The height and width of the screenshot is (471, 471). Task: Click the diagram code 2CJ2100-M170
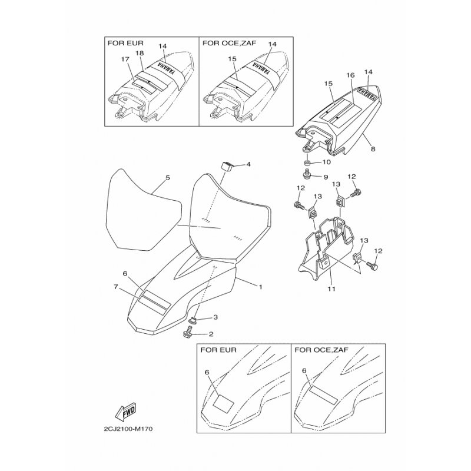pos(128,429)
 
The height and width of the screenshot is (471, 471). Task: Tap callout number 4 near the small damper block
pos(248,164)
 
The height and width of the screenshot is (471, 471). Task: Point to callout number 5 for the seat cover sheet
pos(168,178)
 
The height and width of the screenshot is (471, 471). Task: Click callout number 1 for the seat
pos(260,287)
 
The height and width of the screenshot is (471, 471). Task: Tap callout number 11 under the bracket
pos(331,288)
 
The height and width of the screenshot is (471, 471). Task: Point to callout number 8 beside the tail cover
pos(373,149)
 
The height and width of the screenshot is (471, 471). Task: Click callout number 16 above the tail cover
pos(350,75)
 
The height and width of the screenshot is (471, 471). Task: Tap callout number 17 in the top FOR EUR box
pos(125,59)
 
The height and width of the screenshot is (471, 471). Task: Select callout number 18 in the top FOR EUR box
pos(140,53)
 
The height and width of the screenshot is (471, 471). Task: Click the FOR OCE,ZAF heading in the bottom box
pos(321,350)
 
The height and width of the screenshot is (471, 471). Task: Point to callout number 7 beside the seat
pos(116,287)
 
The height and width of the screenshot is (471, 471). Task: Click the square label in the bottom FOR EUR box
pos(223,403)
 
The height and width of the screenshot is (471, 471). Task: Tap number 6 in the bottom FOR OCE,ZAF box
pos(304,371)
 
